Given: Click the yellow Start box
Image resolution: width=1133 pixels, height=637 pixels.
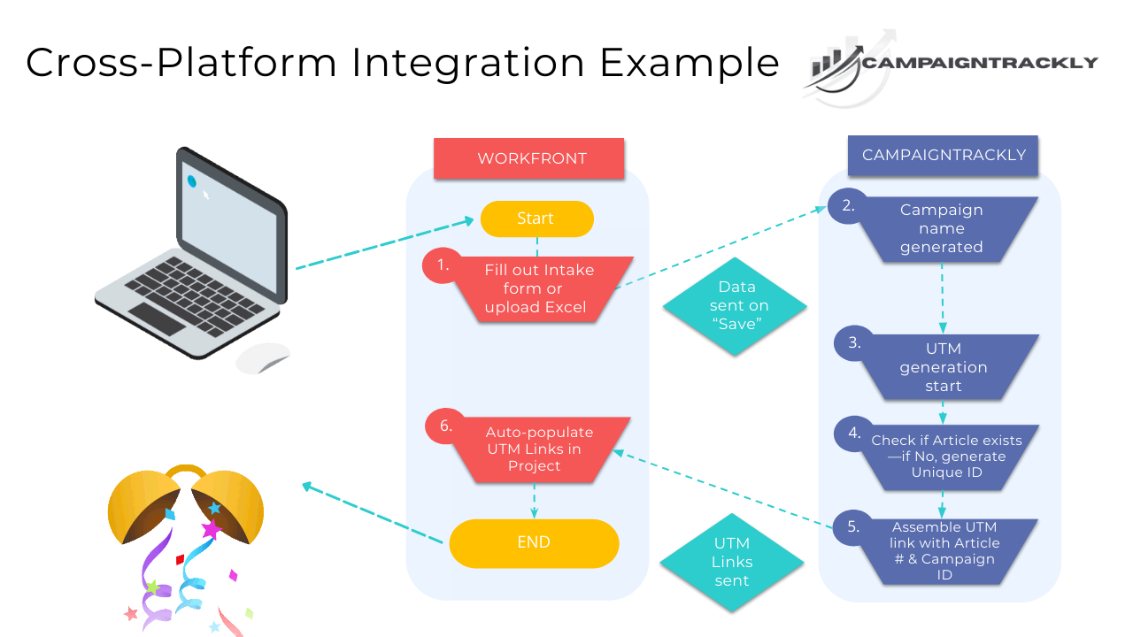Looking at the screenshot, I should [x=536, y=219].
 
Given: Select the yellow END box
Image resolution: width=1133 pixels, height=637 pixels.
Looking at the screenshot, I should [x=534, y=542].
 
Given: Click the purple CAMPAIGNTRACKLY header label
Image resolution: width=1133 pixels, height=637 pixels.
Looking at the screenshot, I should [x=944, y=155].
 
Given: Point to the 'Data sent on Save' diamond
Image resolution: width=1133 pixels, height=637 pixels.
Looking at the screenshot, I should [x=736, y=306].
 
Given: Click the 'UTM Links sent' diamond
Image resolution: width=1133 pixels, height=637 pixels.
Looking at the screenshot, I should [x=731, y=562].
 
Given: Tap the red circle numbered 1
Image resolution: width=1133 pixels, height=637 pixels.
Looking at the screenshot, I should [x=443, y=265].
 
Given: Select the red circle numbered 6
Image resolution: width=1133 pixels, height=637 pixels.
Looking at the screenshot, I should [x=445, y=426].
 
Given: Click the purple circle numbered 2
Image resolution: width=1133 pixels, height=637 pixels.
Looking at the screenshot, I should [x=848, y=206].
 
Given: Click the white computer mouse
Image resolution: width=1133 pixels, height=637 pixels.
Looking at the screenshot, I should [x=262, y=358].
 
